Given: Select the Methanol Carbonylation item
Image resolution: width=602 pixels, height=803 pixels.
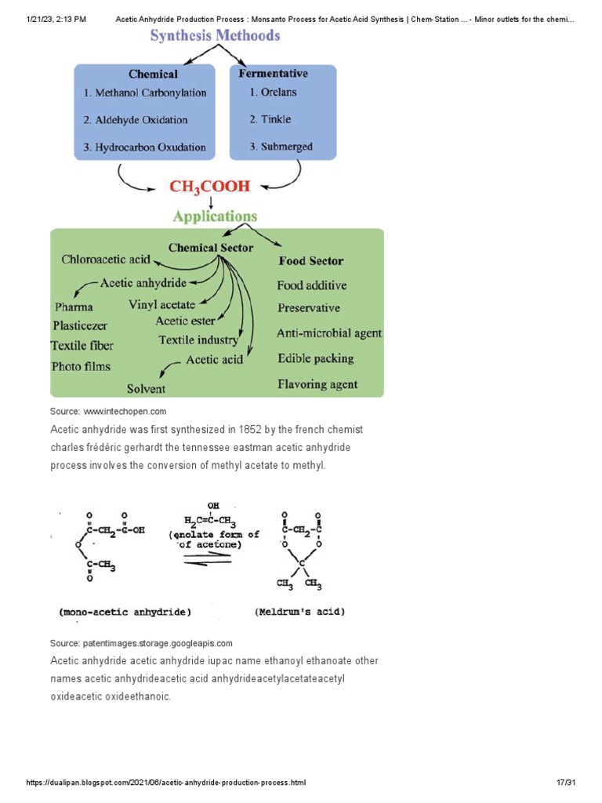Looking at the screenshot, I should point(145,93).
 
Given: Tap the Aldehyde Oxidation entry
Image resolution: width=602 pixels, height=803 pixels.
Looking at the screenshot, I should point(136,120).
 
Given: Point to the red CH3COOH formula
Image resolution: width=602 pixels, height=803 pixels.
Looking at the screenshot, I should point(209,187).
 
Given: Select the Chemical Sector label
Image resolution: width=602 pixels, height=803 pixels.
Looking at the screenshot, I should point(211,248).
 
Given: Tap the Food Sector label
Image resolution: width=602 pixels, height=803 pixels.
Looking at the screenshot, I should point(310,261).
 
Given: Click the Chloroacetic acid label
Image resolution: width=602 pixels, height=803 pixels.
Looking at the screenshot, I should point(106,260).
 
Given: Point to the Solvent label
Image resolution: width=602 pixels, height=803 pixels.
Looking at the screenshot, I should point(147,388).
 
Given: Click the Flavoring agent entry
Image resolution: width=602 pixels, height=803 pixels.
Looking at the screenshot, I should point(317,384).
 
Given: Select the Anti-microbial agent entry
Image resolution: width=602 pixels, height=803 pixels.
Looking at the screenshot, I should point(329,333).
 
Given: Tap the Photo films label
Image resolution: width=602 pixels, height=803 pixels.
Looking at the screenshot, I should point(81,366).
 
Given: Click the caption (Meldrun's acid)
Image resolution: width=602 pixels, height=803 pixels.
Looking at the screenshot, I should point(300,612).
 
